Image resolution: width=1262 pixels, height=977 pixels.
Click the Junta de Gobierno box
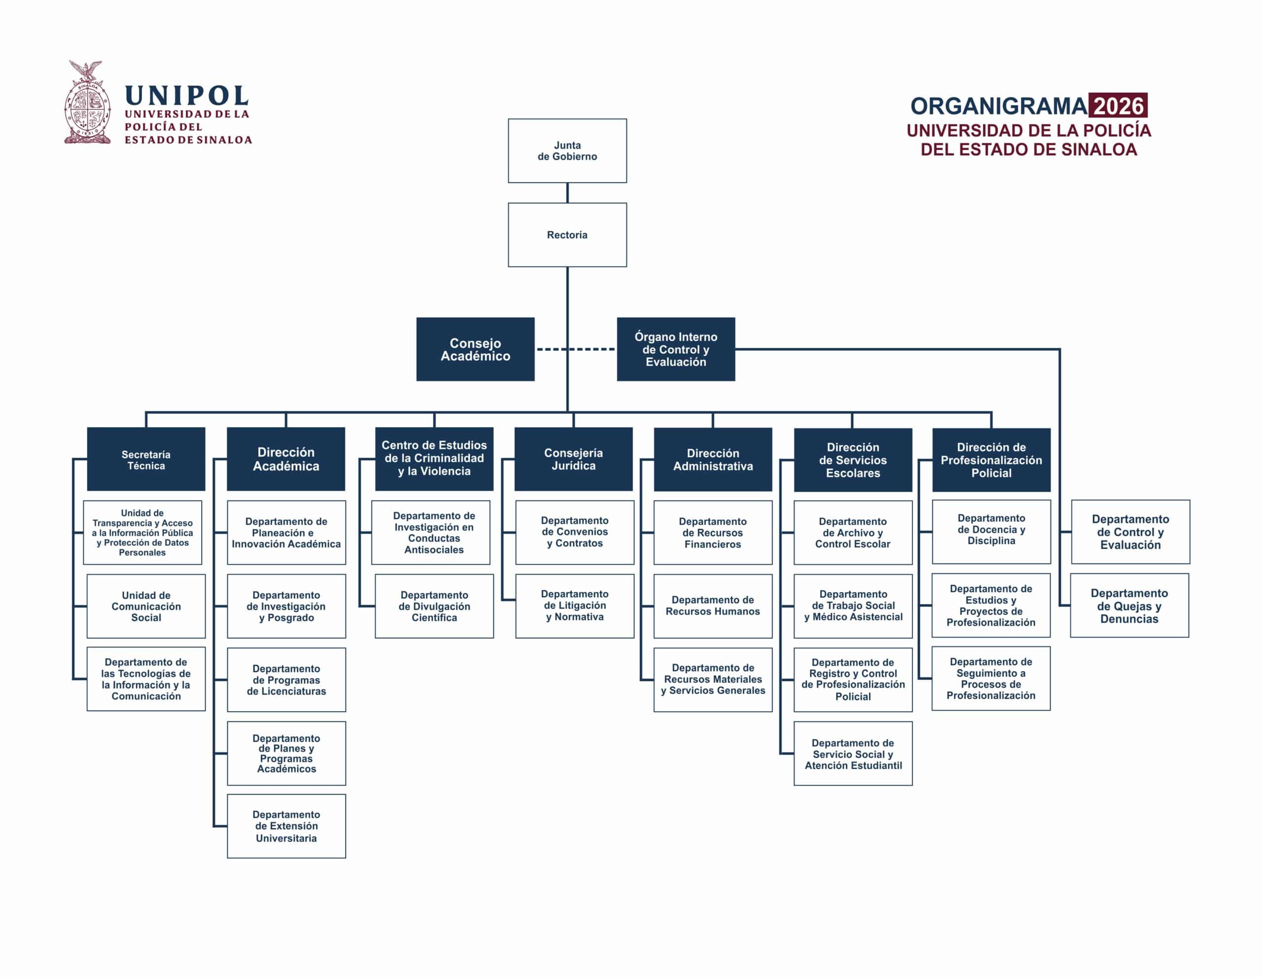[x=567, y=151]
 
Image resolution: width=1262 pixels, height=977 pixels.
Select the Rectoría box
[x=567, y=235]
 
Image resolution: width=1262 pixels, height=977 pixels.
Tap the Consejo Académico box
[x=475, y=349]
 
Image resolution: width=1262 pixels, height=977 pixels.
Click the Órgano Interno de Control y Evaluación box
[x=675, y=349]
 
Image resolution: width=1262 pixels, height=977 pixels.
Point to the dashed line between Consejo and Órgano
[x=575, y=349]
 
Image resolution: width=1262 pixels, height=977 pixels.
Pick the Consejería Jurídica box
[x=573, y=459]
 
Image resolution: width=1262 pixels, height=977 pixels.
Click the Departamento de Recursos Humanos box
[x=712, y=606]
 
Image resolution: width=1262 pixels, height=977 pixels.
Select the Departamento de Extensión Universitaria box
[x=286, y=826]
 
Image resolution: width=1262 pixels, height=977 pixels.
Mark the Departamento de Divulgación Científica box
[x=434, y=606]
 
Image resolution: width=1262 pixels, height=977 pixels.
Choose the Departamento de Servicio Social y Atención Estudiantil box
[x=853, y=753]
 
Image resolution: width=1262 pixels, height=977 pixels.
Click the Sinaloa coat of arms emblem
[x=87, y=102]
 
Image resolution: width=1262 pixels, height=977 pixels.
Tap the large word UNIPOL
[x=187, y=95]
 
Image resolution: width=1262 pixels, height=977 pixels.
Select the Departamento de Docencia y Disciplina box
[x=991, y=532]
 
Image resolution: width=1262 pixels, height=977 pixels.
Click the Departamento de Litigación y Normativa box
[x=574, y=606]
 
